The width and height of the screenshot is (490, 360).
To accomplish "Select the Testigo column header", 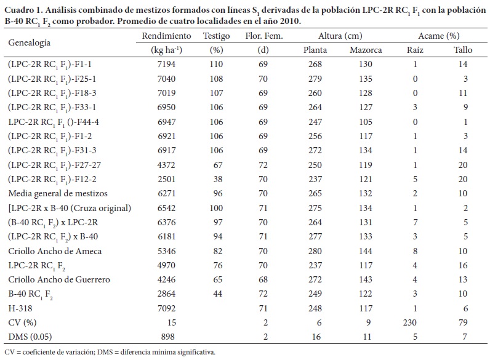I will pos(216,36).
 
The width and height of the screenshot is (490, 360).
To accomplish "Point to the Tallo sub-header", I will pos(462,50).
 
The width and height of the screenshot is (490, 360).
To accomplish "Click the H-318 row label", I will pos(20,308).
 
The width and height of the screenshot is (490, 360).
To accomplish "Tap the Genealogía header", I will pos(29,42).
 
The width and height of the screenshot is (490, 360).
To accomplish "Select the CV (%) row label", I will pos(22,322).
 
